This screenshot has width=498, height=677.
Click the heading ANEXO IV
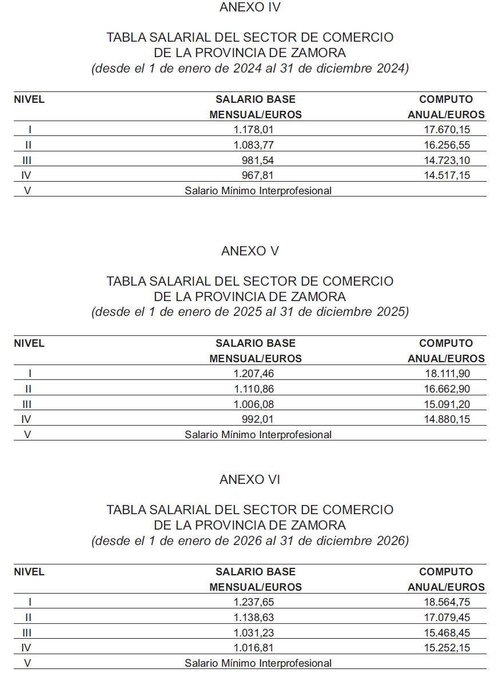click(x=250, y=7)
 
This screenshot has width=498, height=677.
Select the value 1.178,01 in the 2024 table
click(x=258, y=130)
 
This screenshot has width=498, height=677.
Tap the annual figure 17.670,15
click(x=447, y=130)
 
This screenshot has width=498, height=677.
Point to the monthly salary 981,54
click(x=262, y=160)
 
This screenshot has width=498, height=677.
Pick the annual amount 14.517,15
click(x=447, y=175)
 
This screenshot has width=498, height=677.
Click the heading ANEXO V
click(x=250, y=251)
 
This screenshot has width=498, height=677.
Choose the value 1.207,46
click(x=258, y=374)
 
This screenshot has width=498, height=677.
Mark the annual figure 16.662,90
click(x=447, y=389)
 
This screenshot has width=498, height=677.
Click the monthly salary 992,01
click(x=262, y=419)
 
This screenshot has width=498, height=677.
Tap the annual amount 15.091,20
click(x=447, y=404)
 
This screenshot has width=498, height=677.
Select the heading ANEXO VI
click(x=250, y=480)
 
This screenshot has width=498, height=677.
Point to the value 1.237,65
click(x=258, y=602)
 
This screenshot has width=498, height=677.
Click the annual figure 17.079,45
click(x=447, y=618)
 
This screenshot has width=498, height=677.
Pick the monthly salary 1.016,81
click(x=258, y=648)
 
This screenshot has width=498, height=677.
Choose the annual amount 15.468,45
click(x=447, y=633)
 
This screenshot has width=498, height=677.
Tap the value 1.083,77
click(x=258, y=145)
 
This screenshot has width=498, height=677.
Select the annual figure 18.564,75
click(x=447, y=602)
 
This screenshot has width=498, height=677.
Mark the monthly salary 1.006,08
click(x=258, y=404)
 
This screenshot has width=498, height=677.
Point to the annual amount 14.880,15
click(x=447, y=419)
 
